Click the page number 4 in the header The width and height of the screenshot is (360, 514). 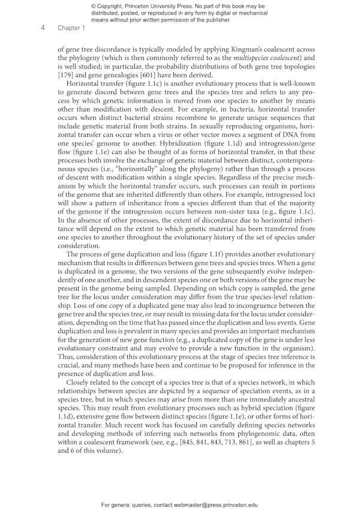(x=43, y=28)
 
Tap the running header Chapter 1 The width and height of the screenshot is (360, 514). (x=71, y=28)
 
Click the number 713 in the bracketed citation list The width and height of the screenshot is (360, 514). (x=266, y=441)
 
